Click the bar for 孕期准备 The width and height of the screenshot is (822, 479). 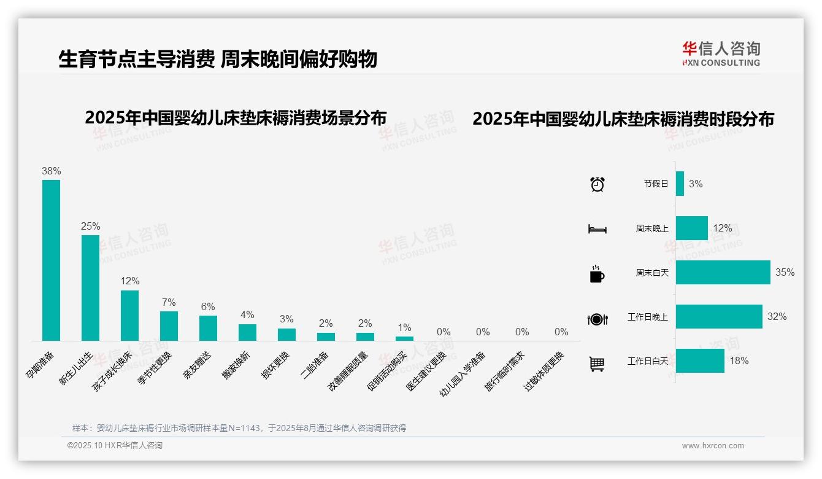(51, 260)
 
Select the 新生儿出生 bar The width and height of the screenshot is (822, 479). (90, 287)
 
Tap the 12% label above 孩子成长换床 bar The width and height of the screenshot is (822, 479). (129, 281)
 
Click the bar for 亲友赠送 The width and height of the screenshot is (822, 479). (208, 328)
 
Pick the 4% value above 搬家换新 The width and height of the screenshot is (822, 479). (247, 314)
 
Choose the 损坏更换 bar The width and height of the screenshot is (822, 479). (286, 334)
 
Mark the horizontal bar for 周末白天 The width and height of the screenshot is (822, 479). (723, 272)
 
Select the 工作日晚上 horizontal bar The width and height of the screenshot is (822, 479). (719, 317)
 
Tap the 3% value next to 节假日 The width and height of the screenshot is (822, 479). (696, 184)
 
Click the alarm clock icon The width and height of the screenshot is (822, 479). (597, 184)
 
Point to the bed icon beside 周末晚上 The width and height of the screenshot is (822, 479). (597, 228)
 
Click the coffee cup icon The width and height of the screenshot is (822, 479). (597, 273)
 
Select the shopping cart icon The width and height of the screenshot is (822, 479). (597, 364)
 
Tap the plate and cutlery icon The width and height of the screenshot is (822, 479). (597, 319)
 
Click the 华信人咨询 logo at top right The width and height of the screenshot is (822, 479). (721, 53)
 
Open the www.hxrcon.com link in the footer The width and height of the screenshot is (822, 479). (713, 446)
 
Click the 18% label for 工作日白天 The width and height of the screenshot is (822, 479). (739, 361)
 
